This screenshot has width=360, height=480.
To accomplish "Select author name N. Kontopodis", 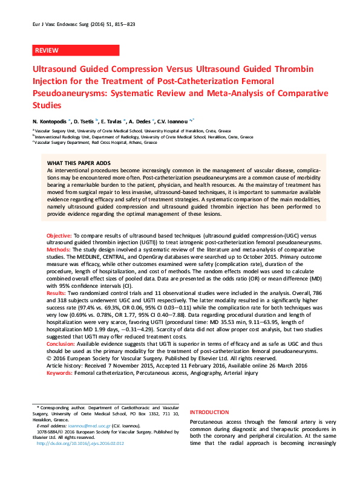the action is (50, 120).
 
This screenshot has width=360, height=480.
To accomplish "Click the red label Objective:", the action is (59, 234).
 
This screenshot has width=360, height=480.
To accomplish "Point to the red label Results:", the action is (57, 293).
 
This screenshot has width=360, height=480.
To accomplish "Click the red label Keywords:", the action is (60, 374).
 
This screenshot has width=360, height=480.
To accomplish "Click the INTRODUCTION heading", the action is (209, 412).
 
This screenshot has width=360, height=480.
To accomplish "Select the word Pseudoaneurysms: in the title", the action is (67, 94).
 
